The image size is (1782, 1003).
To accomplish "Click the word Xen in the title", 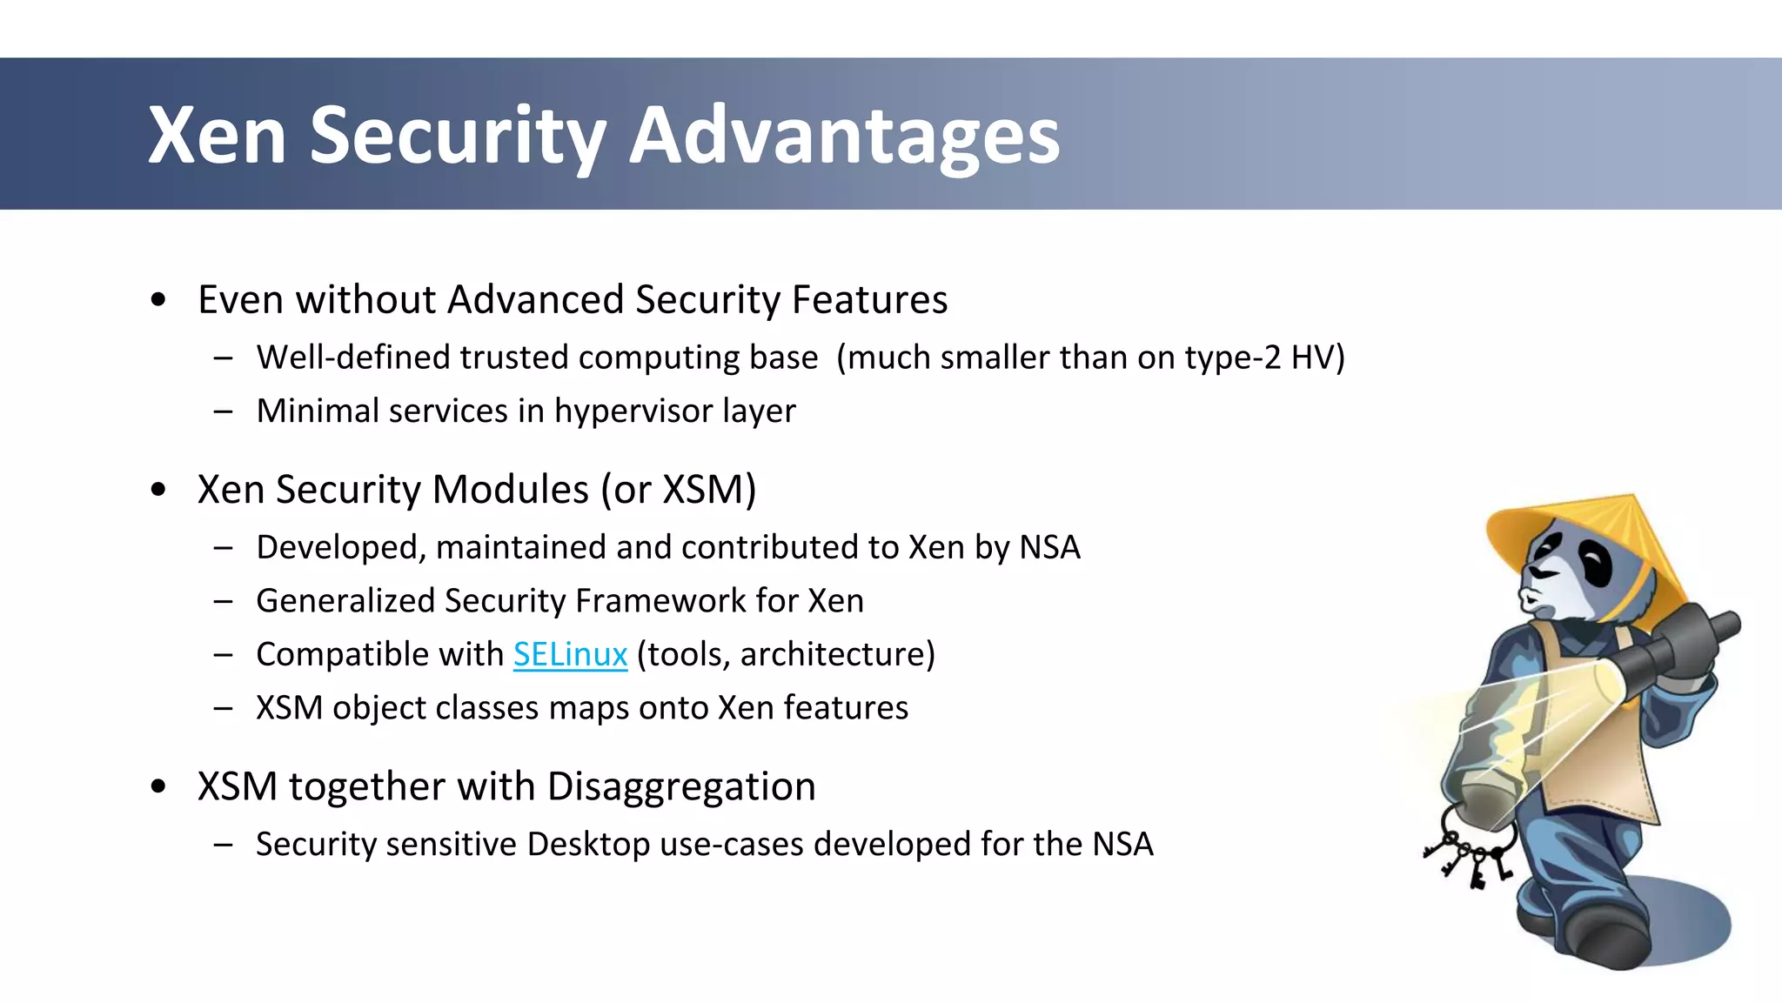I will (x=218, y=136).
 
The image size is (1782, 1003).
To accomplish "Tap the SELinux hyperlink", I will (x=570, y=654).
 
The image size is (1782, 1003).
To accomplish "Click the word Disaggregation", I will (x=681, y=786).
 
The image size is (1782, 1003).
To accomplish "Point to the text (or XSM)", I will (x=679, y=490).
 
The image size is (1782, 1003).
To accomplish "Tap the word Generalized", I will (x=345, y=601).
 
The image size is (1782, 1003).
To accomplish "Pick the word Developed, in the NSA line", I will (x=340, y=548).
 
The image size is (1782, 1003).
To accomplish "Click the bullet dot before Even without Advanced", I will (x=157, y=300).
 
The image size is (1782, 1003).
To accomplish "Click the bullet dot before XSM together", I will (x=157, y=786).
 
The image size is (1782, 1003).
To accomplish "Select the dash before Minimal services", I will (x=223, y=411).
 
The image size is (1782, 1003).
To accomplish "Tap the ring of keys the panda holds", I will (x=1470, y=848).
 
